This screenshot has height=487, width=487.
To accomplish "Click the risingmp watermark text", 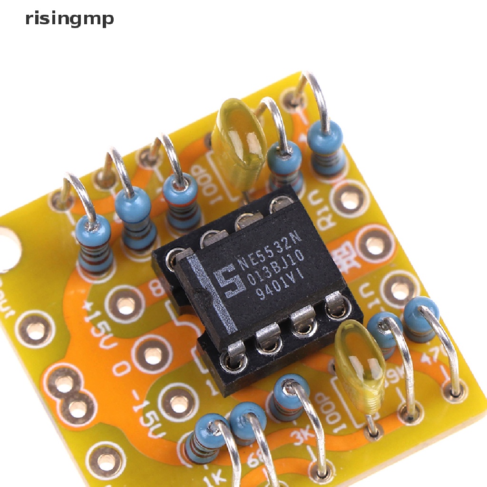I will click(x=69, y=19).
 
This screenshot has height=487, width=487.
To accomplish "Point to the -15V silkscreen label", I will click(x=143, y=419).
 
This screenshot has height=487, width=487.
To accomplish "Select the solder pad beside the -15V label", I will click(x=179, y=404).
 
